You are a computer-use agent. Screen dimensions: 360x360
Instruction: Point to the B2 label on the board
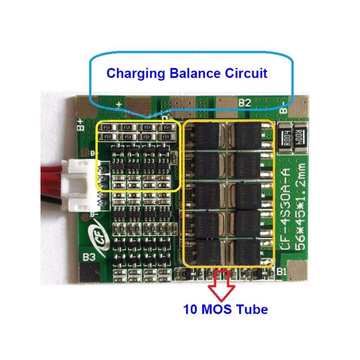244,104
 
